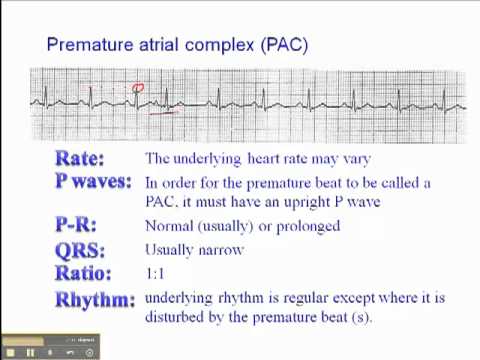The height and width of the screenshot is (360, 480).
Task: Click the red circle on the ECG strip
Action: click(138, 88)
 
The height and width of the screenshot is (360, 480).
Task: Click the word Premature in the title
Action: click(86, 45)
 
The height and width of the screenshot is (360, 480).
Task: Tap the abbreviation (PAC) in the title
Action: click(283, 45)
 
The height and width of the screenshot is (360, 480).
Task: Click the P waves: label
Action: click(94, 181)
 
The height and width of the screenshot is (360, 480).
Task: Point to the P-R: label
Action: click(80, 226)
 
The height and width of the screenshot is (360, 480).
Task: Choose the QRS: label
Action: click(80, 250)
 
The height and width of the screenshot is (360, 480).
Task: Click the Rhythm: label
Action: click(95, 299)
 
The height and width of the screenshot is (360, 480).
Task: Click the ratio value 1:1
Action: click(156, 273)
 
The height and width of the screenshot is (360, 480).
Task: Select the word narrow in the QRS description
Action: click(221, 250)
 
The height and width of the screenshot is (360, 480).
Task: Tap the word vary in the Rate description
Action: click(355, 159)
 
